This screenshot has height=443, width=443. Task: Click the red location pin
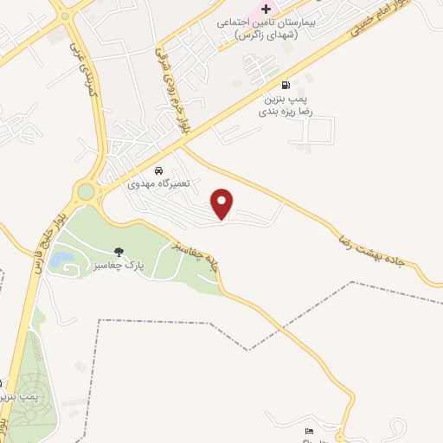click(x=223, y=202)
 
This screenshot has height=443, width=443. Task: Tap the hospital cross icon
click(x=266, y=8)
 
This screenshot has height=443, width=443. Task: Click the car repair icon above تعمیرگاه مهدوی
click(x=158, y=170)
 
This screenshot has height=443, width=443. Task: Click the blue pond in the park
click(x=60, y=258)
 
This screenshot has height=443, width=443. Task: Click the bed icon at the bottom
click(x=310, y=431)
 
